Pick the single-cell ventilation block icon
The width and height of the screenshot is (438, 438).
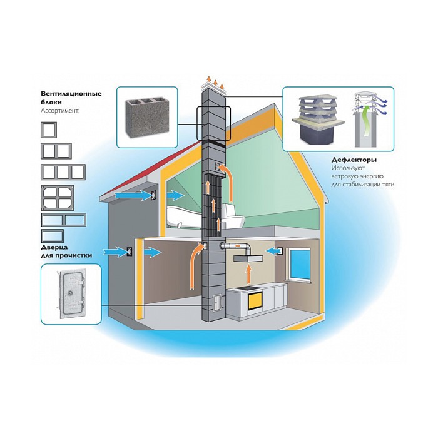tap(48, 130)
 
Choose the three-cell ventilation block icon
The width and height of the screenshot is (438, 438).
tap(62, 172)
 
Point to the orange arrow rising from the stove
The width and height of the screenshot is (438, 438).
tap(248, 272)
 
